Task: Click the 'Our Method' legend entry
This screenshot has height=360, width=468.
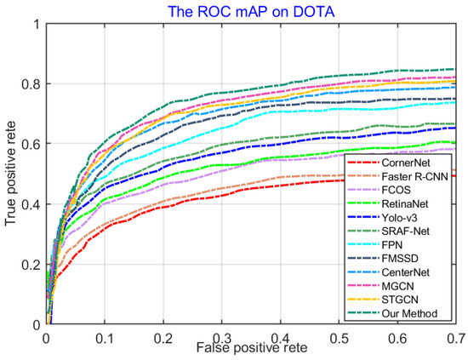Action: coord(407,314)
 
